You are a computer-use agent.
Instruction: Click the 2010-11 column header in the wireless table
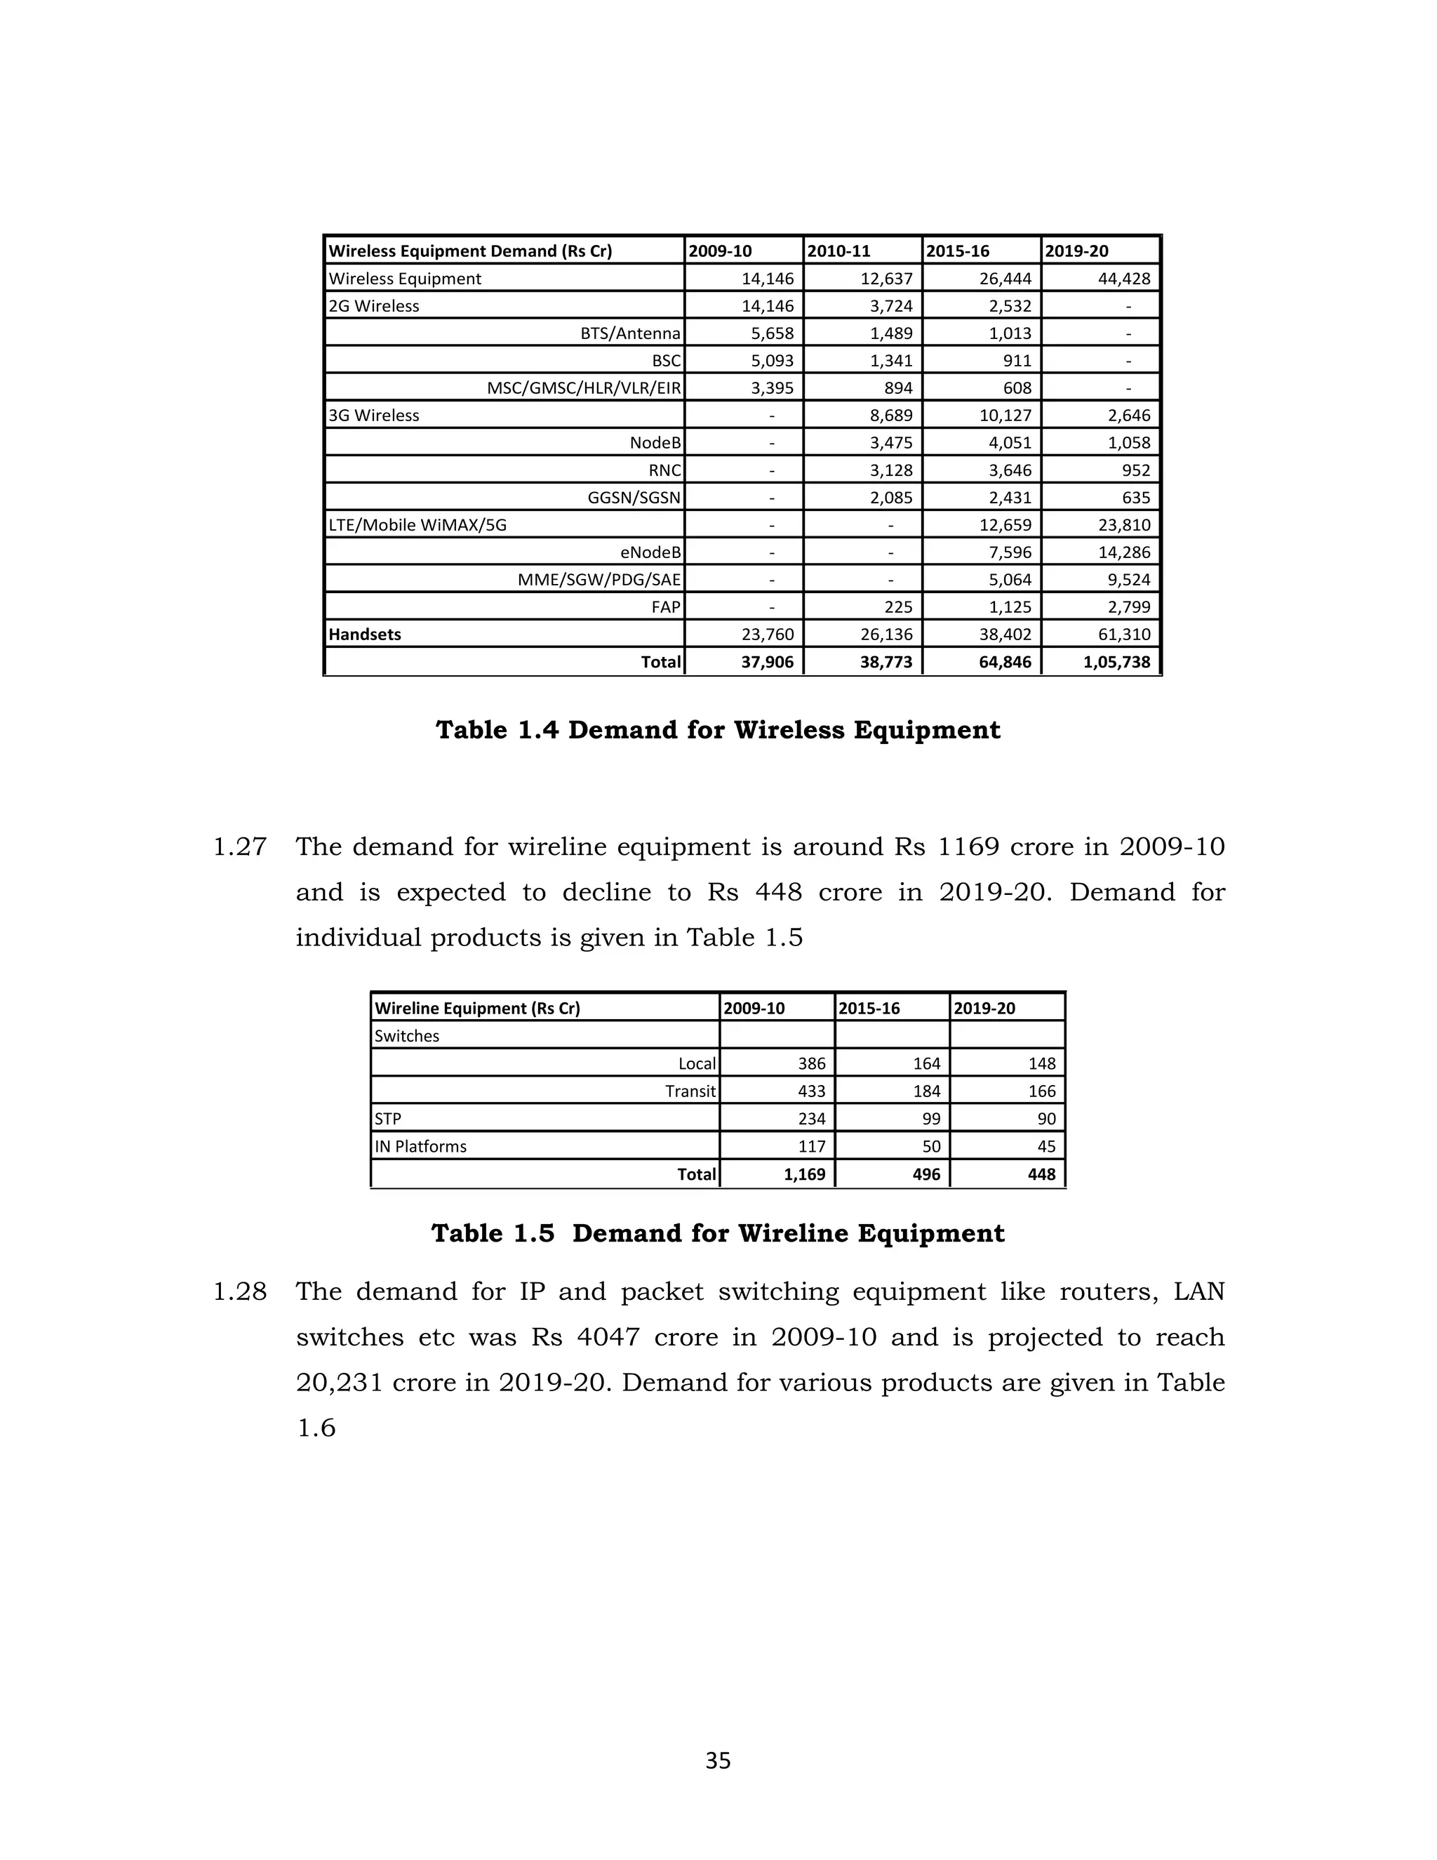pyautogui.click(x=838, y=251)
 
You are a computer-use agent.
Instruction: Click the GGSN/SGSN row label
pyautogui.click(x=634, y=498)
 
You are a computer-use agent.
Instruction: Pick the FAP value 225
pyautogui.click(x=898, y=607)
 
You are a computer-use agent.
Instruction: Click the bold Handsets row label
pyautogui.click(x=364, y=635)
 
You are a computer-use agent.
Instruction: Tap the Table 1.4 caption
pyautogui.click(x=718, y=730)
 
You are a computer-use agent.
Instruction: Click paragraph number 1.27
pyautogui.click(x=239, y=847)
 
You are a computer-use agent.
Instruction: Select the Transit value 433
pyautogui.click(x=811, y=1091)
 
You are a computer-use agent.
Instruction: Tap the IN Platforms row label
pyautogui.click(x=420, y=1146)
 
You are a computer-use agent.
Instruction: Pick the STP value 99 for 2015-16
pyautogui.click(x=931, y=1119)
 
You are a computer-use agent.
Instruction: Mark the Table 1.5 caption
pyautogui.click(x=718, y=1233)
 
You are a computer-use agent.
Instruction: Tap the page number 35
pyautogui.click(x=718, y=1760)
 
